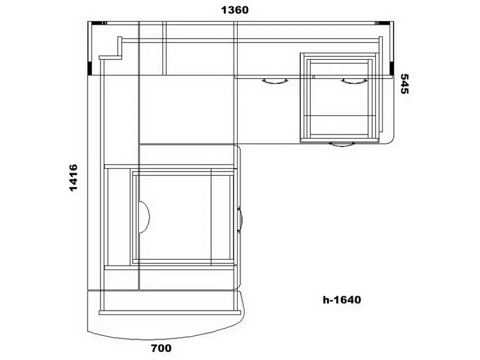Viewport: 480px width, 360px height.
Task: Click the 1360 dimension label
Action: click(235, 10)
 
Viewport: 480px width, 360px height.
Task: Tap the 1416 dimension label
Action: click(73, 178)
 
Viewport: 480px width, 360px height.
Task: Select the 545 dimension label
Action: click(404, 84)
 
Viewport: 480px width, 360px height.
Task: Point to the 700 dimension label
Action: click(161, 348)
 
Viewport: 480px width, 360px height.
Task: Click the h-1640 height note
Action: click(342, 300)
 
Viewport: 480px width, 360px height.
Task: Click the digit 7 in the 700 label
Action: click(154, 348)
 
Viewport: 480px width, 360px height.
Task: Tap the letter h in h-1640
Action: click(326, 300)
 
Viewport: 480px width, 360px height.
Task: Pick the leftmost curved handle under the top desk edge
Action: click(275, 81)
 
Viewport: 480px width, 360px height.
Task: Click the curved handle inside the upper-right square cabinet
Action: click(354, 81)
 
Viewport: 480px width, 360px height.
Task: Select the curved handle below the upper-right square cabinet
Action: click(342, 144)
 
